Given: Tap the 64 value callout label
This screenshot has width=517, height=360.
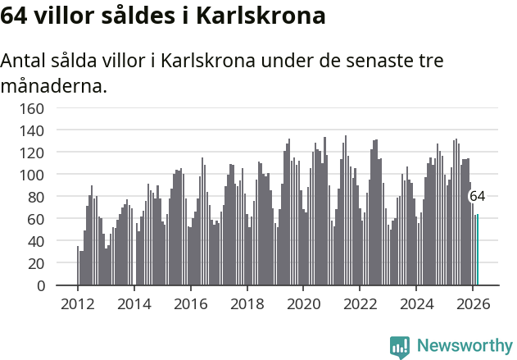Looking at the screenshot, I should (477, 196).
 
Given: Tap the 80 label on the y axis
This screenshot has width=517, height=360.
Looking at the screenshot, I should (36, 197).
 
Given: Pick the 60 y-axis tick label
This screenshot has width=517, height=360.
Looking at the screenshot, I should (36, 219).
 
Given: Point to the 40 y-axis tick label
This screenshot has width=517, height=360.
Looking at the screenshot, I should (36, 241).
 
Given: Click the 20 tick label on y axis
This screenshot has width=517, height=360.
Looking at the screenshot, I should (36, 263).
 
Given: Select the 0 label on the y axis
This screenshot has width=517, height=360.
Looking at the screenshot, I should (40, 285).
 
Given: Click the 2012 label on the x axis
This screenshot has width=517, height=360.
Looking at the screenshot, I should (78, 303).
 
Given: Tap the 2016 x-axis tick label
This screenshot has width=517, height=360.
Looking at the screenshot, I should (190, 303).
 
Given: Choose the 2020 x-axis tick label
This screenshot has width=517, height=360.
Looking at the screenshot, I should (303, 303).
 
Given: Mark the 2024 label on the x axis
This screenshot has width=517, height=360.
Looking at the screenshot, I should (415, 303).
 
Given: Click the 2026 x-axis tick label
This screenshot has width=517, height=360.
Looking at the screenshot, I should (472, 303).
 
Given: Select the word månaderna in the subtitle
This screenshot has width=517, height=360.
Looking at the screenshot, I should (53, 85).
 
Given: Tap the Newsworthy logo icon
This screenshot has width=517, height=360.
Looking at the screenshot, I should (400, 347).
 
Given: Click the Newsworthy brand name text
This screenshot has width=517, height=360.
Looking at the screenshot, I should (465, 346).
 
